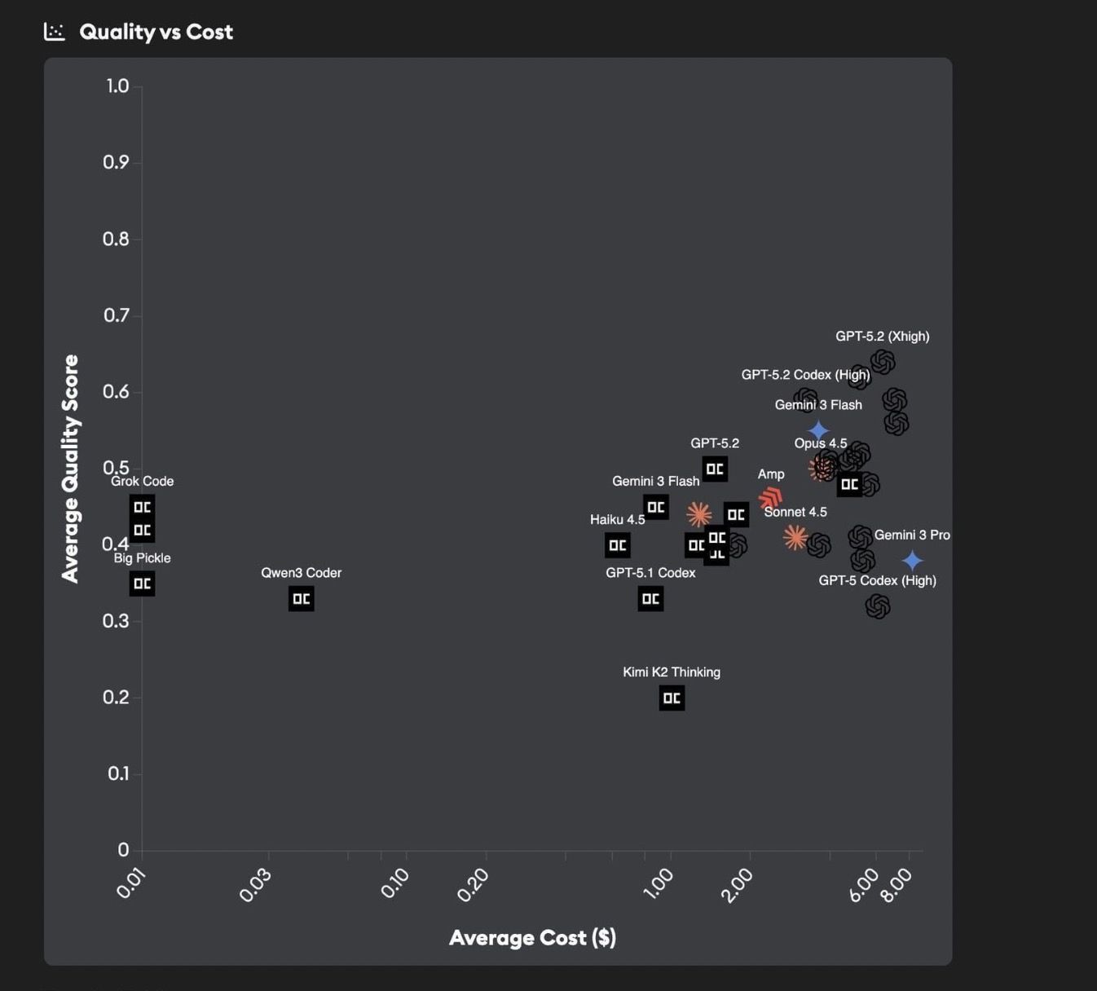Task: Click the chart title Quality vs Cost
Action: click(x=156, y=32)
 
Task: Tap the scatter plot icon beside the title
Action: click(x=55, y=32)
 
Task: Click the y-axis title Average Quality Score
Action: click(x=71, y=469)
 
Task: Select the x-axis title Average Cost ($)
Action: click(x=532, y=937)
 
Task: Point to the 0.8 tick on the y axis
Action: click(x=116, y=239)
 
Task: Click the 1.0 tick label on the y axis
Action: click(x=117, y=86)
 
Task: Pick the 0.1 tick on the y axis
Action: click(x=118, y=773)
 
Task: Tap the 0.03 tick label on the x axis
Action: click(x=255, y=885)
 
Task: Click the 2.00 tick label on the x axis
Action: click(x=738, y=885)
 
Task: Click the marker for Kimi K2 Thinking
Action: click(x=672, y=698)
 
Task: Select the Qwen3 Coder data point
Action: click(x=301, y=599)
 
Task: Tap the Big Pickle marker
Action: click(x=142, y=584)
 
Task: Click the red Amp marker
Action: click(x=770, y=498)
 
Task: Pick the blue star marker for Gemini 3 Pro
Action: click(x=912, y=561)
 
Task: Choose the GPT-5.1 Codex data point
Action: click(x=650, y=599)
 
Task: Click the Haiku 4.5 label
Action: click(x=617, y=520)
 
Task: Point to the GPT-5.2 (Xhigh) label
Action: click(x=882, y=337)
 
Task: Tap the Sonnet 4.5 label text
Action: click(x=795, y=512)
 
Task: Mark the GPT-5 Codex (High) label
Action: click(x=877, y=580)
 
